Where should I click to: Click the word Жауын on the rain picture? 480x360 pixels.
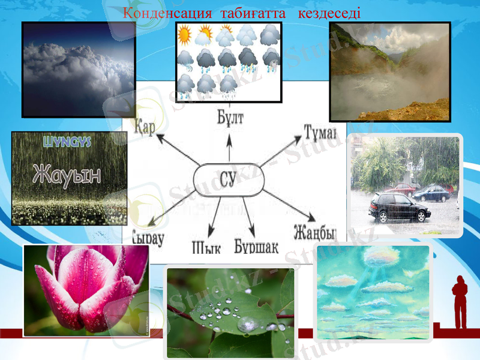pyautogui.click(x=67, y=173)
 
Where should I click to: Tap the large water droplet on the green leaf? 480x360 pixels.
pyautogui.click(x=247, y=325)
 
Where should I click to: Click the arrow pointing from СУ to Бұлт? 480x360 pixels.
pyautogui.click(x=229, y=147)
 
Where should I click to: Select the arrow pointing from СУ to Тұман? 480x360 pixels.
pyautogui.click(x=280, y=152)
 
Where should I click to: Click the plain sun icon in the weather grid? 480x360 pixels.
pyautogui.click(x=185, y=35)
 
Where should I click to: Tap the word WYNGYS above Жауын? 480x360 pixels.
pyautogui.click(x=67, y=142)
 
